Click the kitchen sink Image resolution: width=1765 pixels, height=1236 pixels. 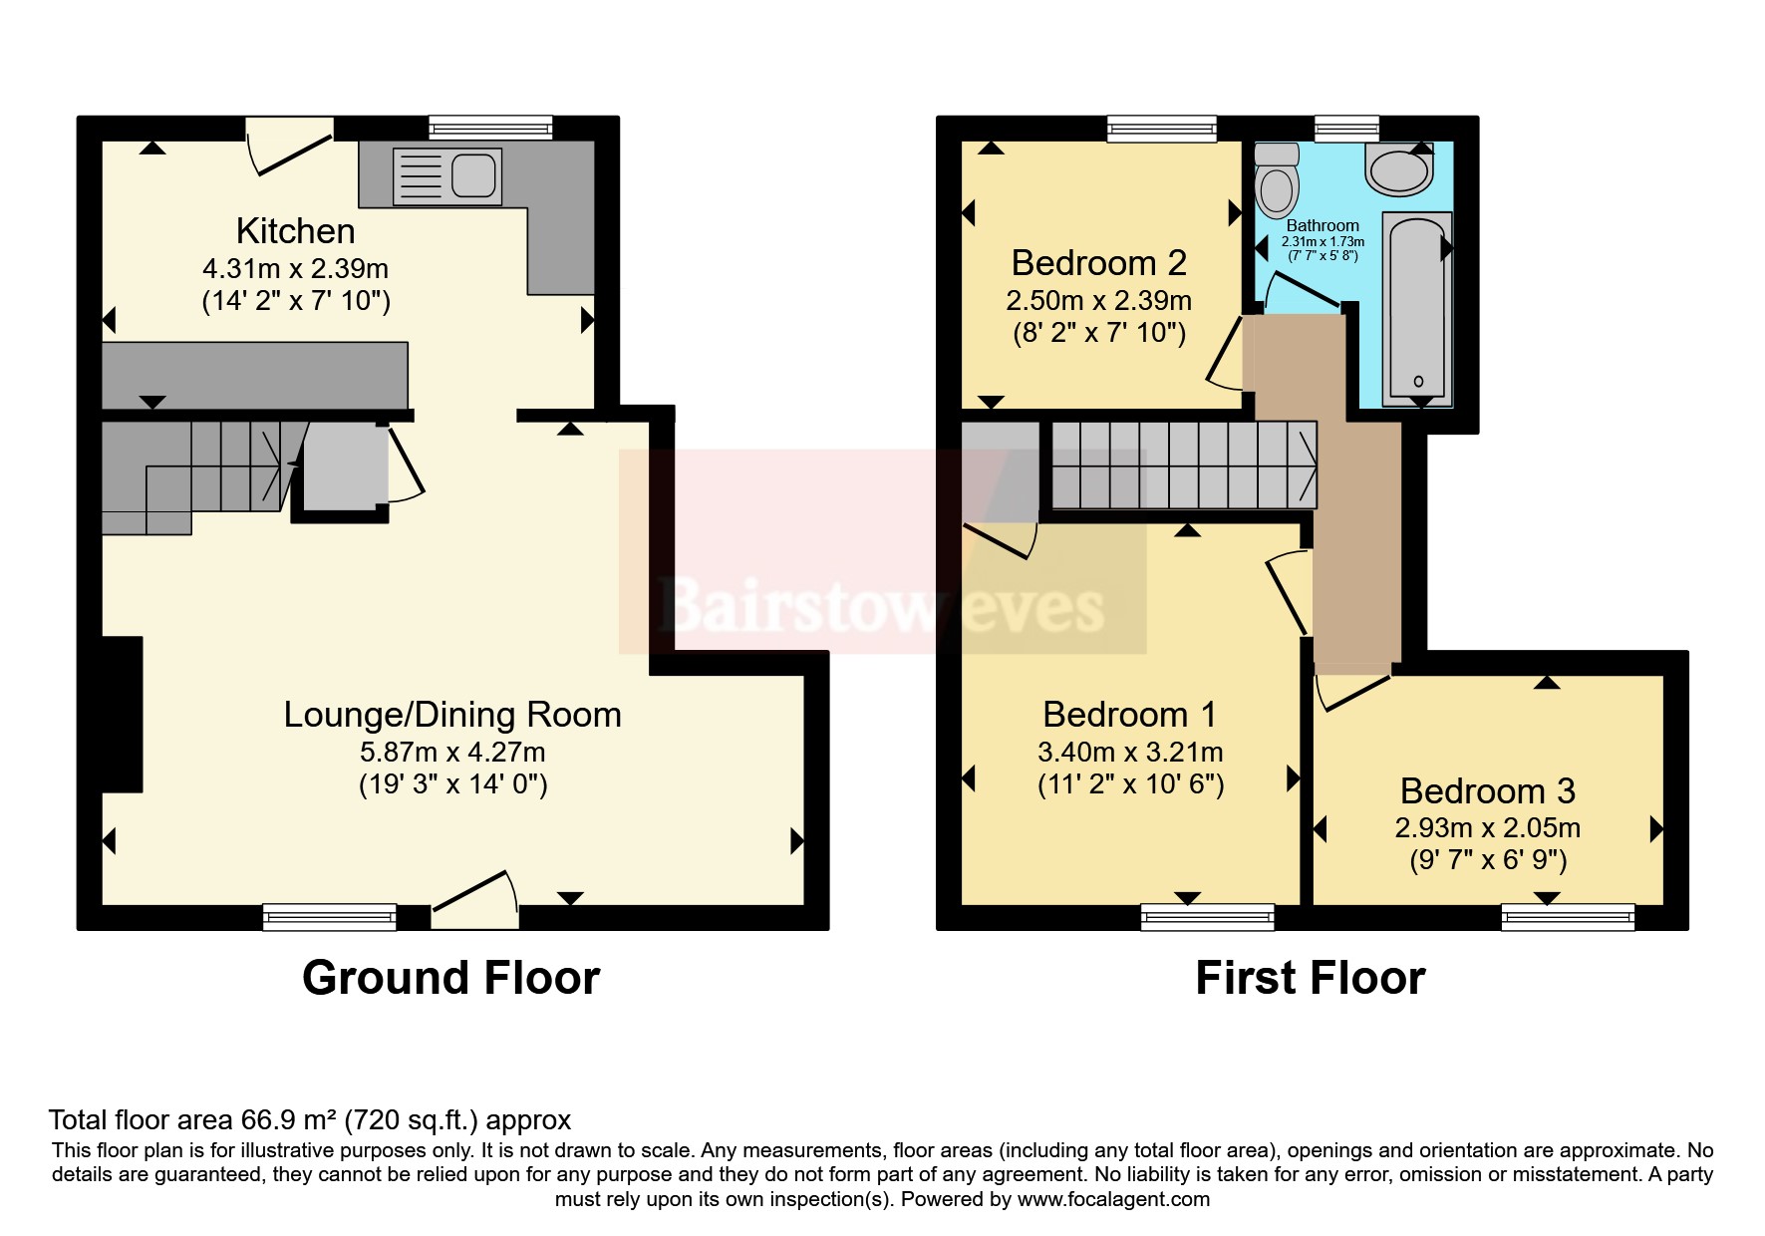click(446, 176)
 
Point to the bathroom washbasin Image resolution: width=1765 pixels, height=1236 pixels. click(1400, 168)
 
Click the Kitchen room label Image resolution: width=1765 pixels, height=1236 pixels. click(295, 231)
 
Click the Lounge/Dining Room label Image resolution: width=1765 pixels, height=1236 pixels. click(452, 715)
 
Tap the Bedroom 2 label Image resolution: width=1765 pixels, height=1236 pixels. click(1099, 263)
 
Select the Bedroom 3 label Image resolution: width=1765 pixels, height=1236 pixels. click(1487, 791)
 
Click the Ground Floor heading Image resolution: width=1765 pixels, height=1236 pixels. click(450, 978)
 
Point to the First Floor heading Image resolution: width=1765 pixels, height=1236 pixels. click(1311, 978)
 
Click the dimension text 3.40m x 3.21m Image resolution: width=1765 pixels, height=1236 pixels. click(1130, 753)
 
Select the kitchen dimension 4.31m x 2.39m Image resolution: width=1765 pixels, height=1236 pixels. click(296, 269)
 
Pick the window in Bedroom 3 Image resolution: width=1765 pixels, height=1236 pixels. click(1568, 917)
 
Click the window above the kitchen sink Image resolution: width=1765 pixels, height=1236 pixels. click(491, 128)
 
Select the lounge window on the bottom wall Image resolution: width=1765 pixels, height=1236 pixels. click(330, 917)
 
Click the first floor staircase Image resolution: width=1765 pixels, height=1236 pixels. click(1184, 464)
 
